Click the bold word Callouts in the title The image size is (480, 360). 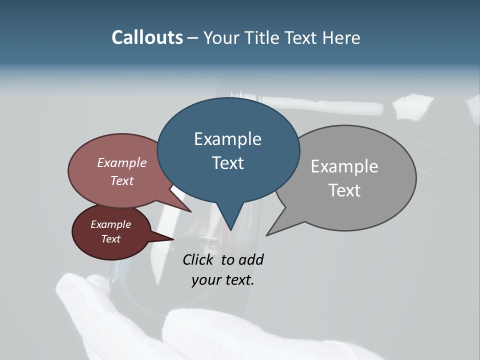[147, 37]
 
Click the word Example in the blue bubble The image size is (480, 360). [227, 139]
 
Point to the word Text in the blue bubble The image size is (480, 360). [227, 163]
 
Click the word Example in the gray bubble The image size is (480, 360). [344, 166]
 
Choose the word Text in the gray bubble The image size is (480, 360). [344, 190]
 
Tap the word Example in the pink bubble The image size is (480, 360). [121, 162]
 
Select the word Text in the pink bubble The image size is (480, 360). [121, 180]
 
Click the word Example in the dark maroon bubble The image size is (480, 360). [110, 224]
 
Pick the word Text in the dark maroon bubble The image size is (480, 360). [110, 239]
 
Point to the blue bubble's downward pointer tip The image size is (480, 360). [230, 230]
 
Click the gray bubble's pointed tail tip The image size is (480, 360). [267, 234]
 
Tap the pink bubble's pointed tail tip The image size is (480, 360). [191, 211]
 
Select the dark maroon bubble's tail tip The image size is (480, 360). [173, 239]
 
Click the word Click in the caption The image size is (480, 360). [199, 259]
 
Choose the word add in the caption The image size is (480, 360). [251, 259]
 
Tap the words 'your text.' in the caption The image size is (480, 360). [222, 280]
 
